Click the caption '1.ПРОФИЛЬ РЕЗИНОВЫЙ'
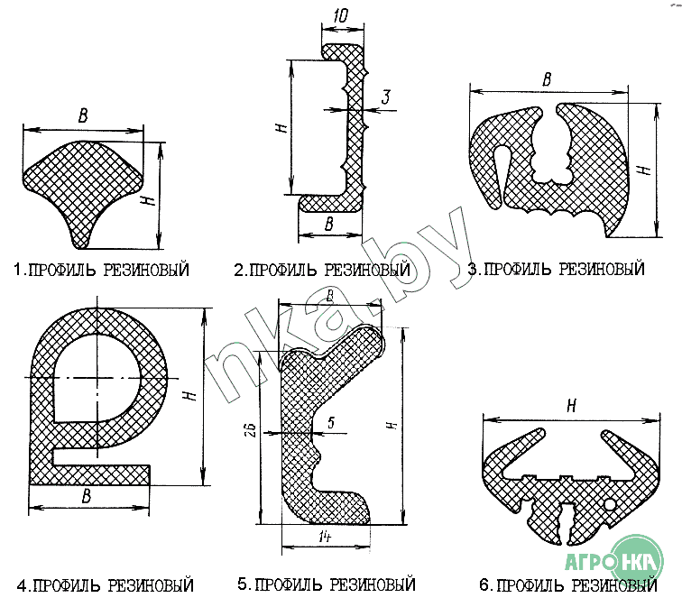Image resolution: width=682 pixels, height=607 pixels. tap(101, 270)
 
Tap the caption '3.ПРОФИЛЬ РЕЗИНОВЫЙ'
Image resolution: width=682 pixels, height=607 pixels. tap(557, 269)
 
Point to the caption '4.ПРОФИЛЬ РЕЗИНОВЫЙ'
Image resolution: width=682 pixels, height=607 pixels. tap(106, 585)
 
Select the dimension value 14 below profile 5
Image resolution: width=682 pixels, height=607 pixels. tap(325, 537)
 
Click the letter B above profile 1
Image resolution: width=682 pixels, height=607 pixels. tap(83, 115)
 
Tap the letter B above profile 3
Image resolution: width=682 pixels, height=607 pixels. tap(547, 79)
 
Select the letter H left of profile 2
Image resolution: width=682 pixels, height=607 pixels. tap(281, 127)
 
